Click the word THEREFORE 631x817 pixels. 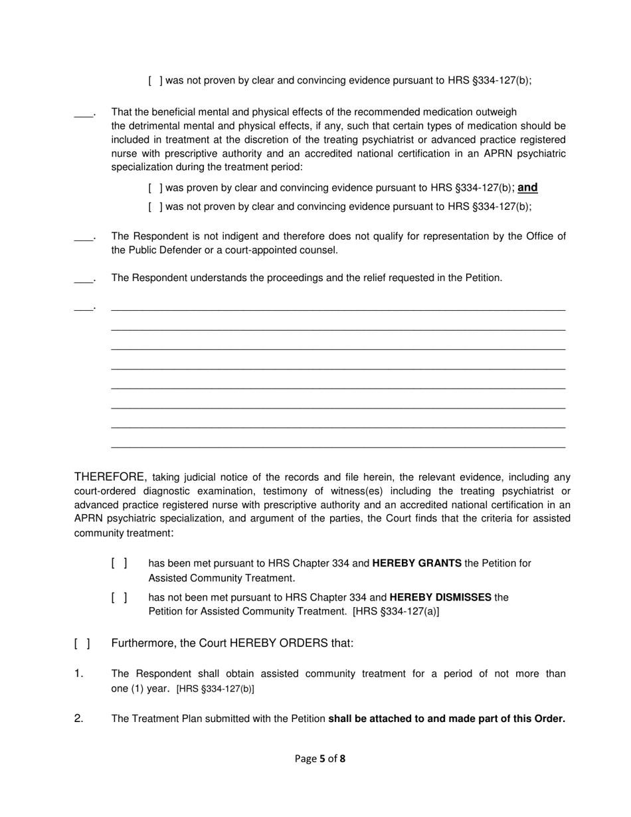(x=110, y=476)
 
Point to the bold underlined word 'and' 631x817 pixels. (x=527, y=187)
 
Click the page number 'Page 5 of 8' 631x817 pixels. (x=320, y=758)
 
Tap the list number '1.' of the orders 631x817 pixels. (x=78, y=674)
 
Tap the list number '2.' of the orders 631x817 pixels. (x=78, y=718)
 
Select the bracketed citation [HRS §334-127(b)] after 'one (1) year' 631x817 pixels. (x=215, y=689)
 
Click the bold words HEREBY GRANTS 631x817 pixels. (x=416, y=563)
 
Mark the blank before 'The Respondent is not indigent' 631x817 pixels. (x=84, y=237)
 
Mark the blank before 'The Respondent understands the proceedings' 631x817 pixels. (x=84, y=278)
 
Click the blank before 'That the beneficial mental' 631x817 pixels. (x=84, y=113)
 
